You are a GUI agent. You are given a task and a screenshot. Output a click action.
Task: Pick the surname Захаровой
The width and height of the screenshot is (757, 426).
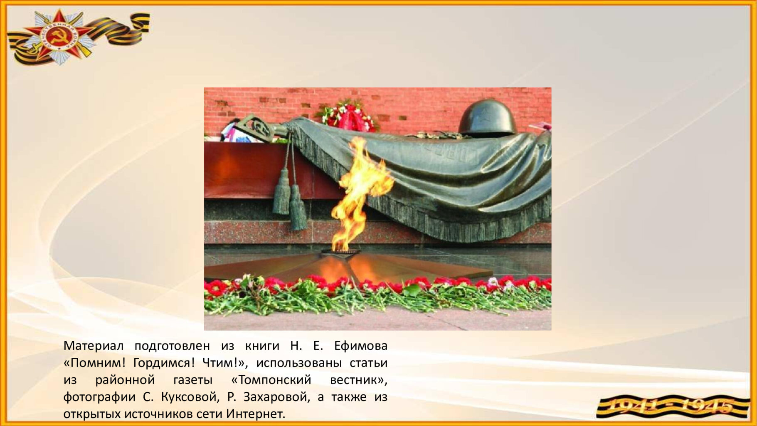pos(276,397)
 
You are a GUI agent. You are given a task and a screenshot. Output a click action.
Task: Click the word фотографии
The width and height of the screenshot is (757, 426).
pos(99,397)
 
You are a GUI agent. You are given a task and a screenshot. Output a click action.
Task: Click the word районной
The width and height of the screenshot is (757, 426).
pos(125,380)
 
